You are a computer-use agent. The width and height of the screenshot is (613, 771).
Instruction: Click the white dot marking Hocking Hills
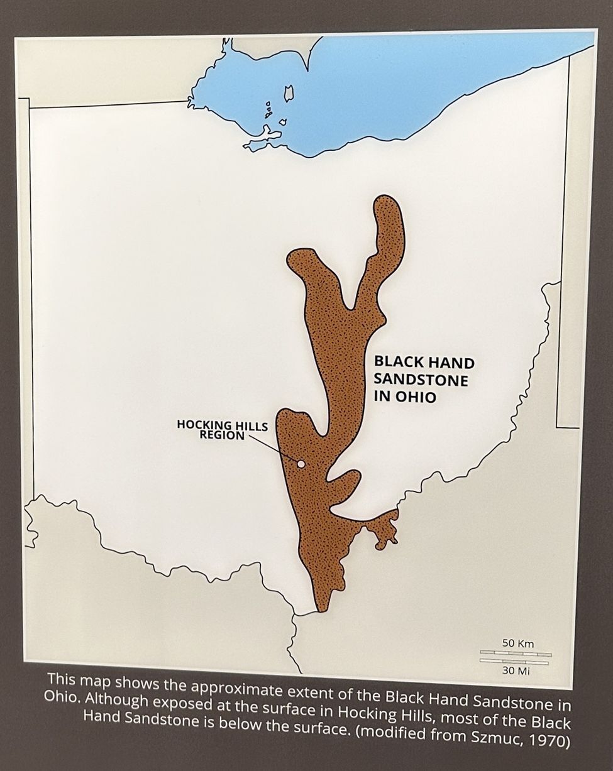point(301,464)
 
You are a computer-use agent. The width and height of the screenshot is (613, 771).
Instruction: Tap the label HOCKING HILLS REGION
point(222,430)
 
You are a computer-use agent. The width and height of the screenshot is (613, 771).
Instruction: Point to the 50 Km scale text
point(518,643)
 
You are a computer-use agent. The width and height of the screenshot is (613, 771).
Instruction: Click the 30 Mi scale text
point(517,671)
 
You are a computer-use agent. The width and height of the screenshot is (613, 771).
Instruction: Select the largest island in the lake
point(289,94)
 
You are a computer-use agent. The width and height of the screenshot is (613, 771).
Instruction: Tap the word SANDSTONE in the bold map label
point(421,380)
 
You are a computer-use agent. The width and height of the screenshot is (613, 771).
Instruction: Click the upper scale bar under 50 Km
point(516,654)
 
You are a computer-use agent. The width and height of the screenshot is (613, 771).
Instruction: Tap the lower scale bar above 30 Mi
point(516,661)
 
